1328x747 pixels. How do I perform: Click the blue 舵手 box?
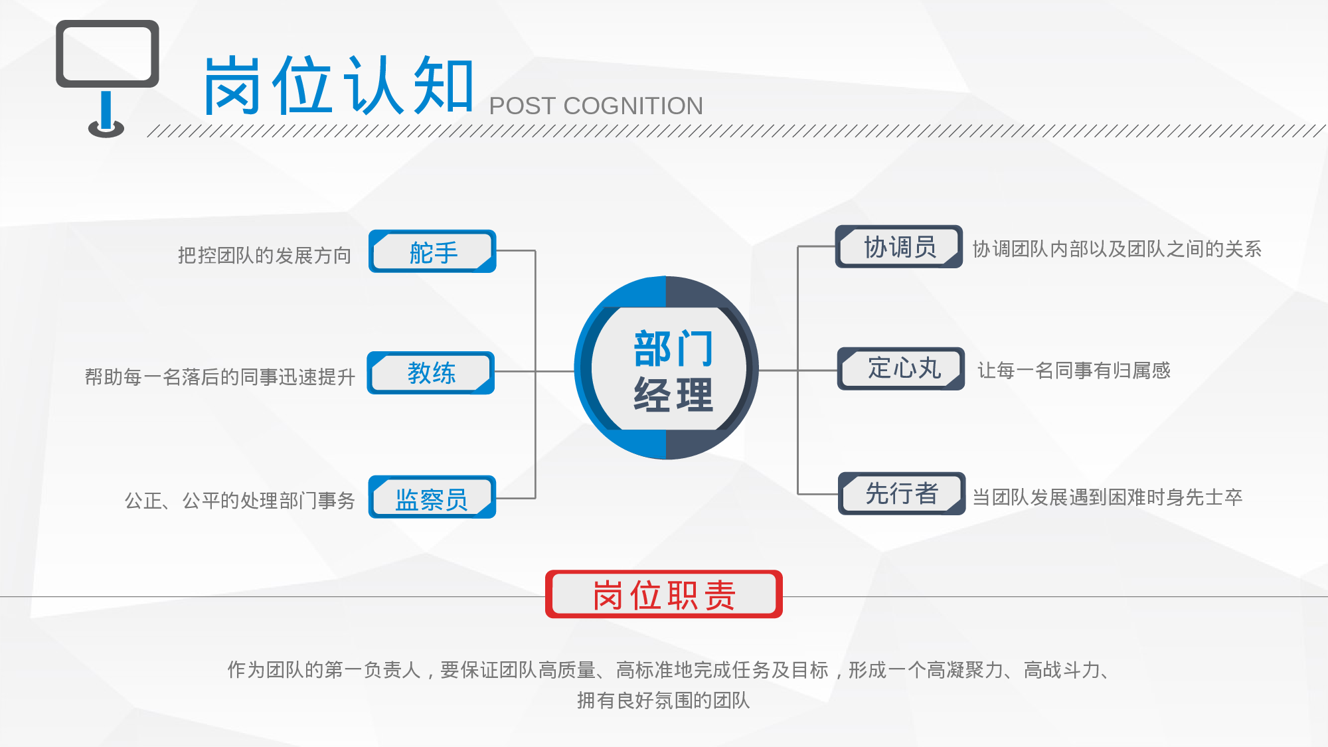(432, 252)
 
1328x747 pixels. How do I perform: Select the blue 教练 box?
(431, 373)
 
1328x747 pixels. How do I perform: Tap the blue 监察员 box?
(432, 497)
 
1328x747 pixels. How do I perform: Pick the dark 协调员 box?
(899, 247)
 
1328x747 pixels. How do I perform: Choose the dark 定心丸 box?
(901, 369)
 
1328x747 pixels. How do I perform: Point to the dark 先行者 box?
(902, 493)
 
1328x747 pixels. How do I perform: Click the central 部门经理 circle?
(666, 368)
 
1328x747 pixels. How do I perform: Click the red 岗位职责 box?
(664, 594)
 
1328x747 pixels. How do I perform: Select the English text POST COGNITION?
(596, 106)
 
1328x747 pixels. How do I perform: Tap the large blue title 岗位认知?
(339, 85)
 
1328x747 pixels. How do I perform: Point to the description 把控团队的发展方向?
(264, 256)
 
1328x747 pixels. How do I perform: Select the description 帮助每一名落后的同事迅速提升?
(220, 377)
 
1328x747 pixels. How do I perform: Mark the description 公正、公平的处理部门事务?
(240, 501)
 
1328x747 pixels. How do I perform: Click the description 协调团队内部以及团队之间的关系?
(1117, 249)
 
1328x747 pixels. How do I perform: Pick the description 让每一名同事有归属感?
(1074, 371)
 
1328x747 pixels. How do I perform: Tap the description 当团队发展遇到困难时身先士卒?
(1107, 497)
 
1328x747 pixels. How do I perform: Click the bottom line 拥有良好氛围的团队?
(663, 701)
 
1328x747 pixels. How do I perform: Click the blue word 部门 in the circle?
(673, 349)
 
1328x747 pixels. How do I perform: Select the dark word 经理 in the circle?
(673, 395)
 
